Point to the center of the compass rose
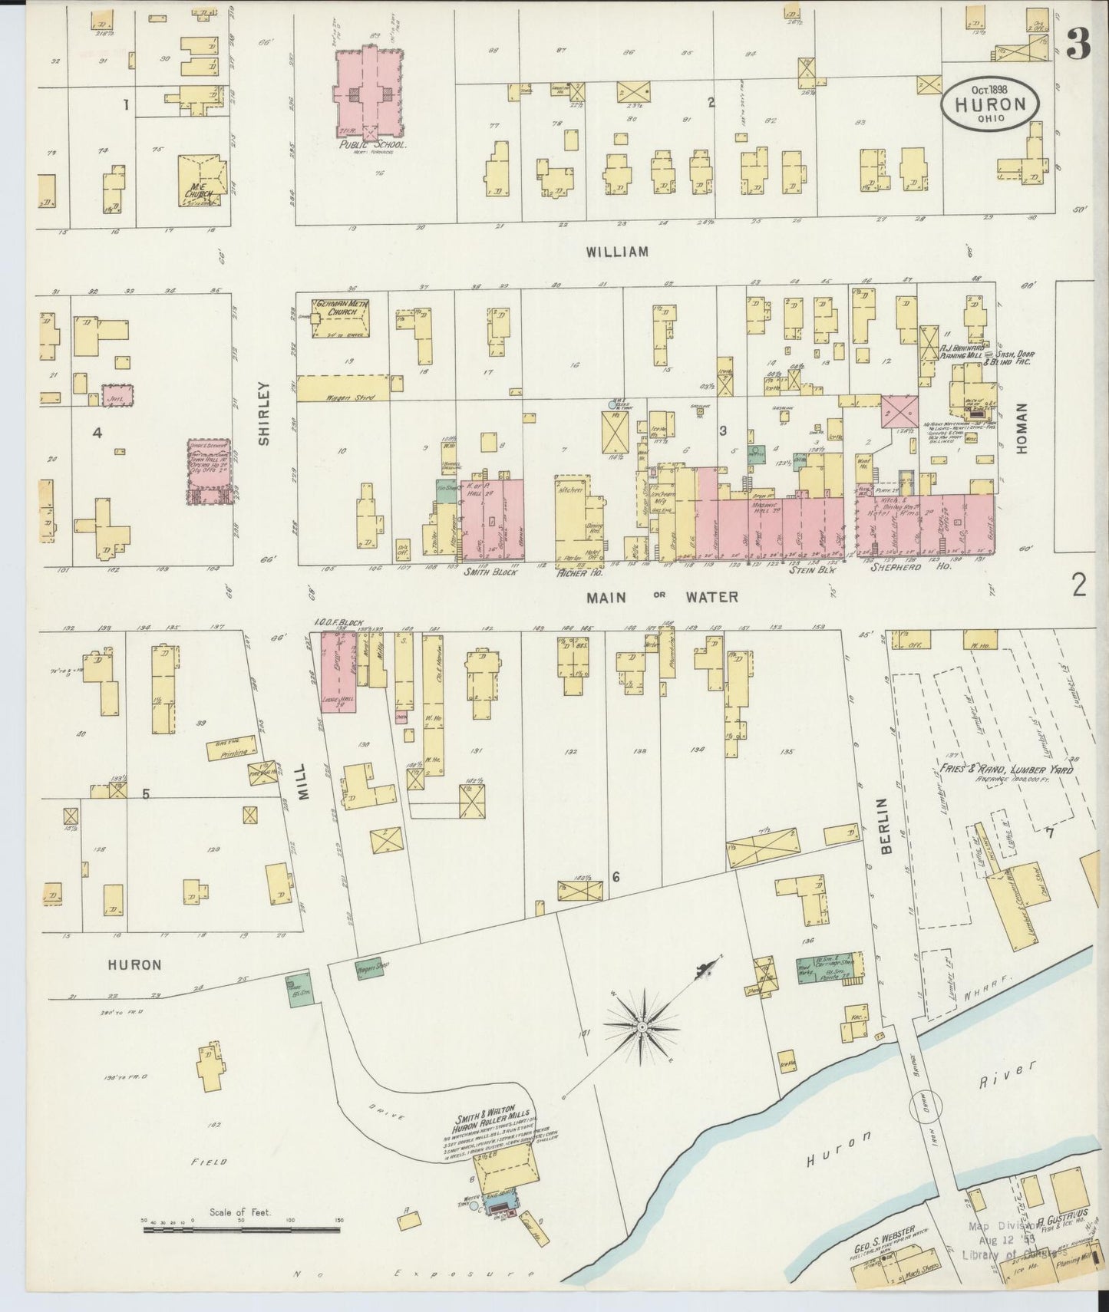(641, 1025)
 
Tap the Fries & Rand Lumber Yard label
(1005, 770)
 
